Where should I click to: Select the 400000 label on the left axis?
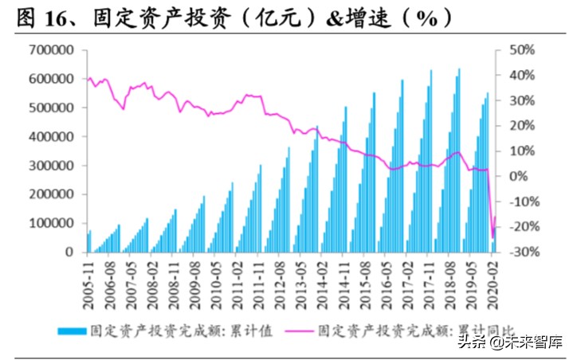50,136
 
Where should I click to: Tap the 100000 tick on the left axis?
50,223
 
